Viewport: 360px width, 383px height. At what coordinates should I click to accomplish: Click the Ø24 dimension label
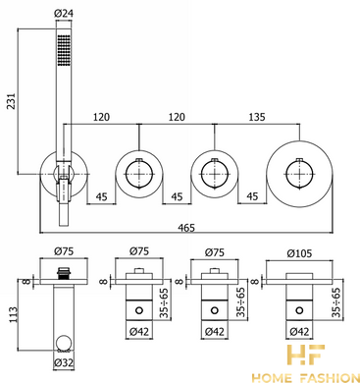(x=64, y=14)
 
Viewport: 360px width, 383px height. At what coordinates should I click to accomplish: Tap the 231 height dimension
(x=11, y=101)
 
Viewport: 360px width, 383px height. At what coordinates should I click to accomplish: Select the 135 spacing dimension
(x=257, y=117)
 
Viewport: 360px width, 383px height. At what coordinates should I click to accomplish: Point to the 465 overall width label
(x=186, y=228)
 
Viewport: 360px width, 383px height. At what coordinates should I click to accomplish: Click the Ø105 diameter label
(x=299, y=253)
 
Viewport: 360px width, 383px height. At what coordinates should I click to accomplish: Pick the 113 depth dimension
(x=13, y=314)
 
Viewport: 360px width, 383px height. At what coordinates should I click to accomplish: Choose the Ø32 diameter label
(x=64, y=362)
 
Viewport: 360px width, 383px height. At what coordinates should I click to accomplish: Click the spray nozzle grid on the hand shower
(x=64, y=50)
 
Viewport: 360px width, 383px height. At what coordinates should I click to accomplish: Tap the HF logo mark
(x=306, y=357)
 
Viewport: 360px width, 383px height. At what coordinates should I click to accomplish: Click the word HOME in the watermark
(x=272, y=378)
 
